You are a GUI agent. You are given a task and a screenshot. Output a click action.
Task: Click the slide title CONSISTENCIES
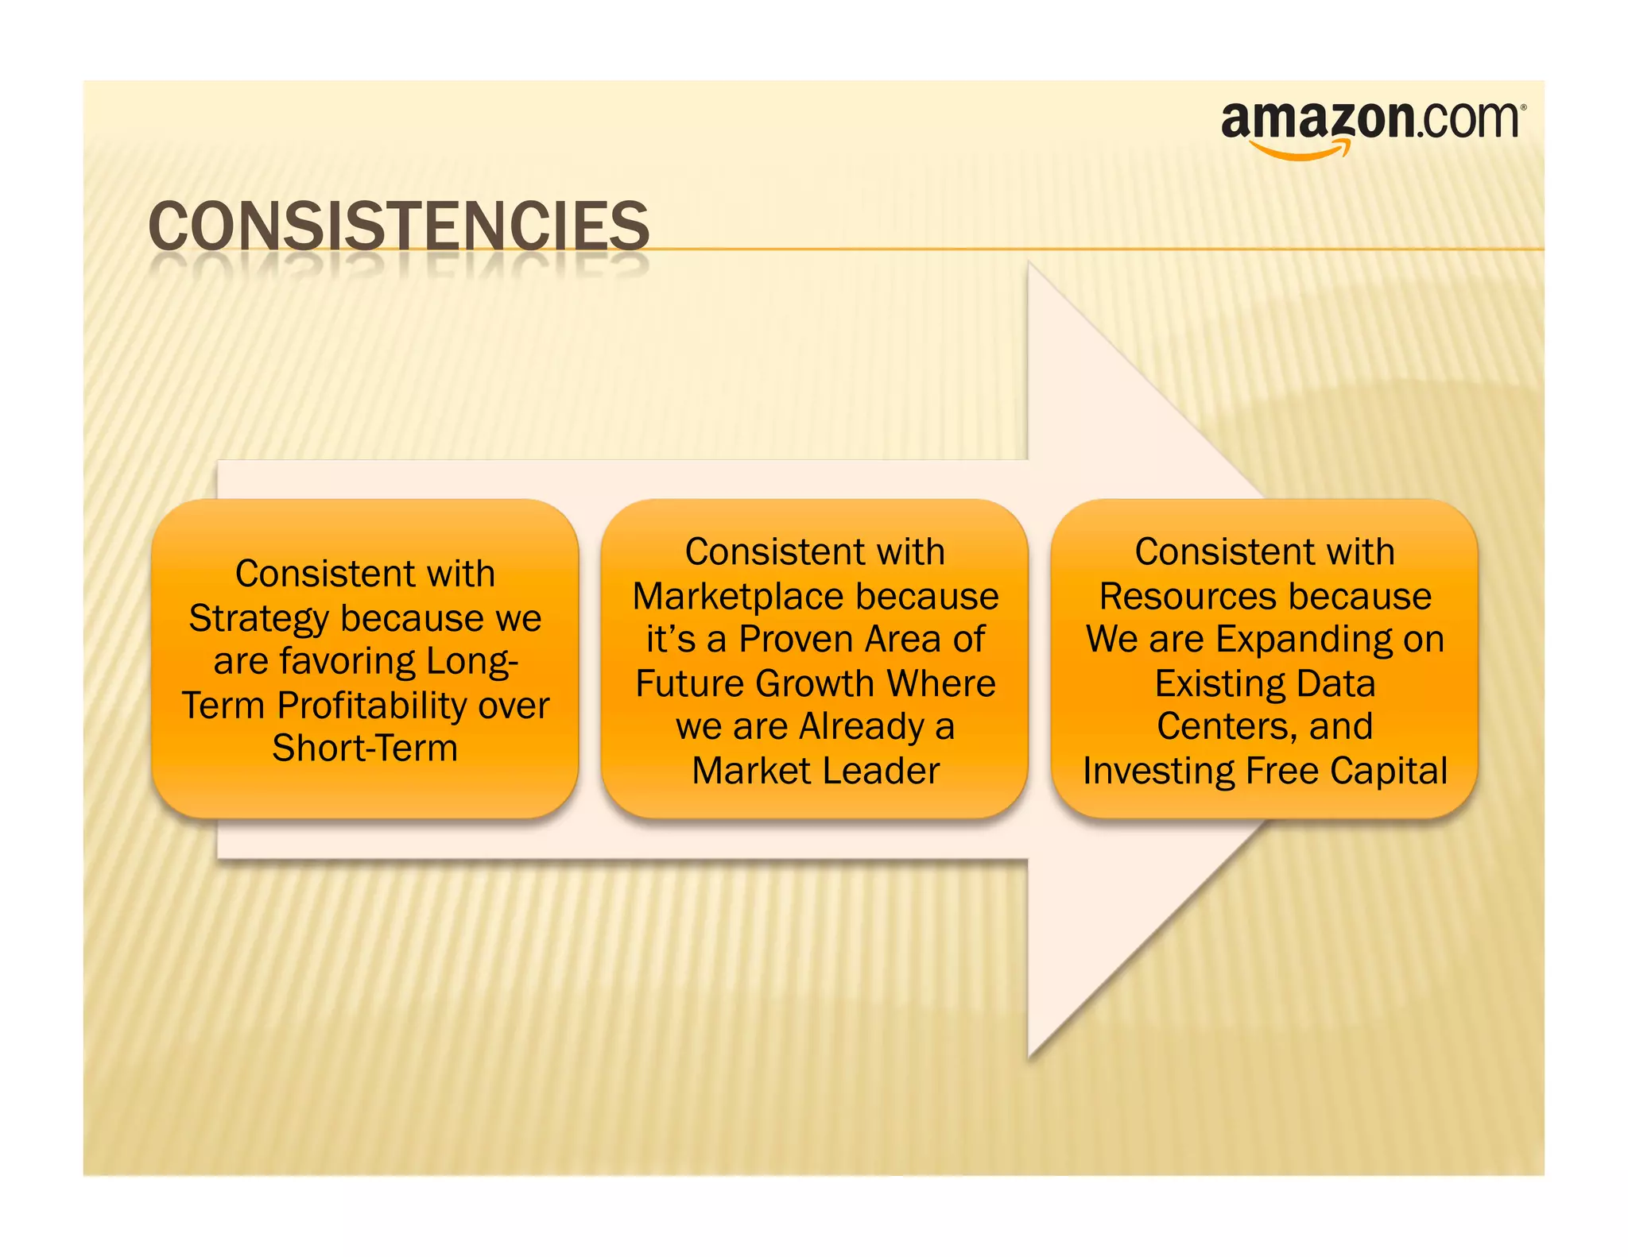coord(398,226)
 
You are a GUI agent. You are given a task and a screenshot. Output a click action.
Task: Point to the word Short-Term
coord(365,748)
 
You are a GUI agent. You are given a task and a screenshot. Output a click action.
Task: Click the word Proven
coord(796,639)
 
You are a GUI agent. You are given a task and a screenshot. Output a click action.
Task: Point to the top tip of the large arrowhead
coord(1029,263)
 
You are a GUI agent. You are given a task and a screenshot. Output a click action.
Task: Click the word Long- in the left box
coord(472,662)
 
